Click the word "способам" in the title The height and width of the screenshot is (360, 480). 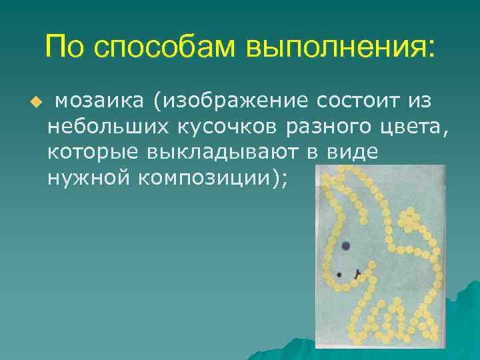(x=165, y=49)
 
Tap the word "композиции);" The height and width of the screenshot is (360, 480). (x=213, y=178)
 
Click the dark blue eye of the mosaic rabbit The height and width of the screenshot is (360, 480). (x=345, y=246)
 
